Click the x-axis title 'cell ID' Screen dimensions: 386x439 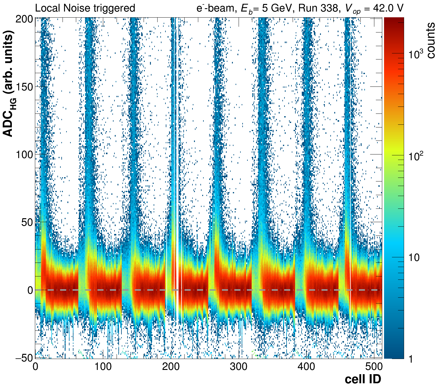pyautogui.click(x=363, y=379)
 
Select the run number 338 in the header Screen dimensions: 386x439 pyautogui.click(x=332, y=8)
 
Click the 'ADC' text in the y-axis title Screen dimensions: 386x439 pyautogui.click(x=8, y=123)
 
